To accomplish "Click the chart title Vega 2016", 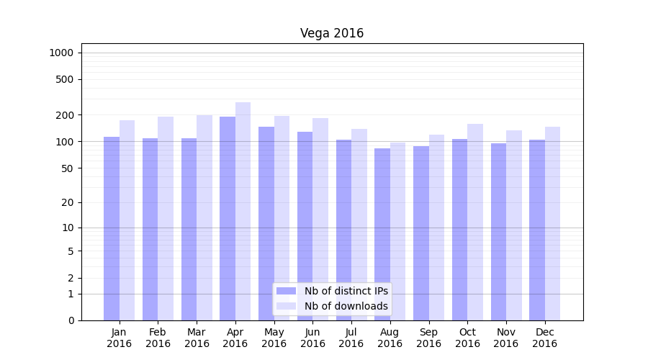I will (332, 34).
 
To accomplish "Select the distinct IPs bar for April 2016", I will (228, 216).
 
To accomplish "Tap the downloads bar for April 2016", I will (243, 209).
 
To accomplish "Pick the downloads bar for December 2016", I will (552, 223).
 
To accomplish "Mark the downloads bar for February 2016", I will (166, 216).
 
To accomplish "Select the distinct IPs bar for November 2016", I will (498, 230).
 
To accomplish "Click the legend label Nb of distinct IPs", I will (346, 291).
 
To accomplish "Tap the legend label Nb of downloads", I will (346, 306).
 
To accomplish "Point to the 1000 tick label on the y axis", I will (61, 53).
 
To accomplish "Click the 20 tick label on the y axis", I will (68, 202).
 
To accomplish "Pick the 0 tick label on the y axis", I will (71, 320).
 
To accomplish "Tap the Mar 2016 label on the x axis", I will (197, 338).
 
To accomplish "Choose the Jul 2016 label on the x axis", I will (351, 338).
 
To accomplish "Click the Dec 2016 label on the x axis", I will (544, 338).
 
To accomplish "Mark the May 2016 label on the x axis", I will (274, 338).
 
